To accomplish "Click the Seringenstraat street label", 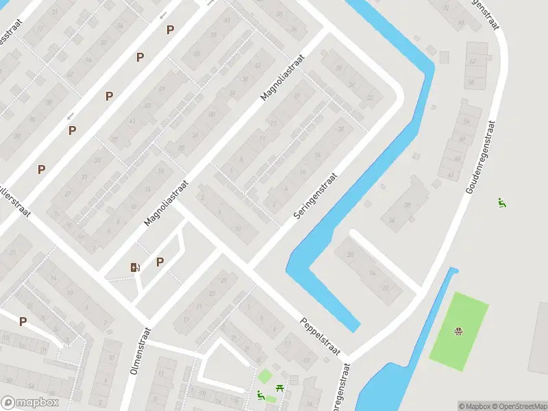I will click(316, 195).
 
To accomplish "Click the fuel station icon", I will click(135, 267).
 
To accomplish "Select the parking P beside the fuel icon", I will click(160, 262).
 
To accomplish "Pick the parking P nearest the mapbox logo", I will click(23, 321).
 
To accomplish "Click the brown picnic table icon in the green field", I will click(458, 332).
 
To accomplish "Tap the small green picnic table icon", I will click(280, 388).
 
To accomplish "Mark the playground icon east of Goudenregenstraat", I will click(502, 202).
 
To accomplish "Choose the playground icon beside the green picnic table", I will click(260, 395).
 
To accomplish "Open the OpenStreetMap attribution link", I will click(519, 406).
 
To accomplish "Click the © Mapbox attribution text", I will click(475, 406).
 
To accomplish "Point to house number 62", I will click(473, 62).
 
